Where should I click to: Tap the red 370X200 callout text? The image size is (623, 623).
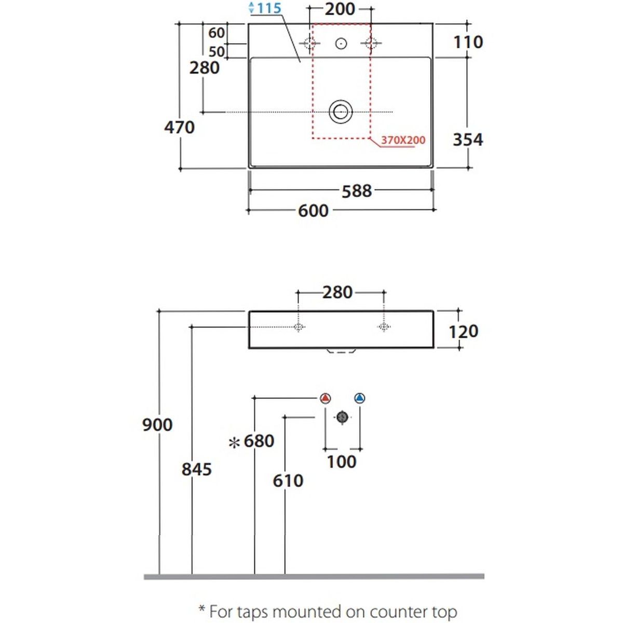tap(403, 140)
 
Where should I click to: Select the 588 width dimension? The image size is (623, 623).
tap(357, 191)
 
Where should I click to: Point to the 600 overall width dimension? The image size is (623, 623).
tap(313, 210)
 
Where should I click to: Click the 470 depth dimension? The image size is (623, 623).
tap(179, 127)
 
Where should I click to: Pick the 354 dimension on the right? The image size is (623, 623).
tap(468, 139)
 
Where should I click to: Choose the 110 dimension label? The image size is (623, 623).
tap(468, 42)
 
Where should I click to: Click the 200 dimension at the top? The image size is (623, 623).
tap(341, 9)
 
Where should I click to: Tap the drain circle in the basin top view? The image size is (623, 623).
tap(341, 112)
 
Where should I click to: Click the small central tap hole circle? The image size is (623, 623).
tap(341, 44)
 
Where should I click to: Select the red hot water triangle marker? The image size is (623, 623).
tap(325, 399)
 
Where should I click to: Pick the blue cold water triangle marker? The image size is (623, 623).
tap(359, 399)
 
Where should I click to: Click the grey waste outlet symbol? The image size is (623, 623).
tap(342, 417)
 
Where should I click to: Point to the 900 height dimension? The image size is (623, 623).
tap(157, 425)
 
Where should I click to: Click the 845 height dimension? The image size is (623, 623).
tap(197, 469)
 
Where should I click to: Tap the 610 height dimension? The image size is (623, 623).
tap(288, 480)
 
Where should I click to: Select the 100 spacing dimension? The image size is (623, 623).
tap(342, 461)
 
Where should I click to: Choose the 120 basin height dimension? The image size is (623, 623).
tap(463, 331)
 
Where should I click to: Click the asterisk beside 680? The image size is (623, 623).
tap(235, 442)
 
